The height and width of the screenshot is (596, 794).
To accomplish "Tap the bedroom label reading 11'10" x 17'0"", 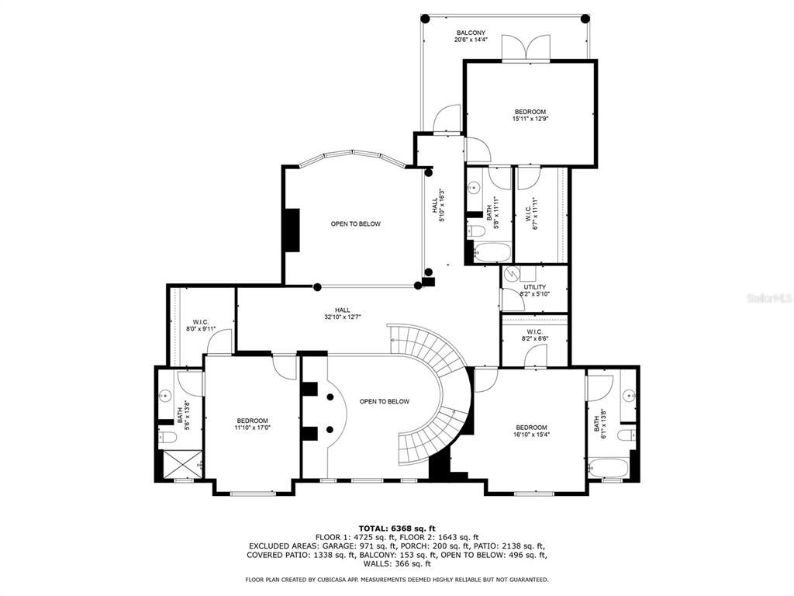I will pos(252,424).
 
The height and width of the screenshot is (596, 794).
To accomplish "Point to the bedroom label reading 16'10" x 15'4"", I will pos(531,431).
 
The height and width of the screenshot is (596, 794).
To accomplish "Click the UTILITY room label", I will pos(534,290).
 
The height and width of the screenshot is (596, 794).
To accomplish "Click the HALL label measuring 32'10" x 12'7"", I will pos(342,313).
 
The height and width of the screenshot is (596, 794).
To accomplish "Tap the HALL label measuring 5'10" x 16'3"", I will pos(438,206).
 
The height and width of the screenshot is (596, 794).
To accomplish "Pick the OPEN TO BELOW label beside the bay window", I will pos(355,224).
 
